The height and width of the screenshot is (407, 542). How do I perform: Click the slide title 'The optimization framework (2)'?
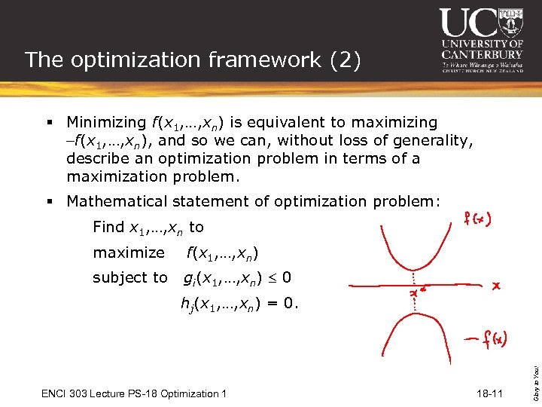pos(193,60)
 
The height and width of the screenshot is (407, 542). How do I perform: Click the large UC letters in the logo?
pos(470,23)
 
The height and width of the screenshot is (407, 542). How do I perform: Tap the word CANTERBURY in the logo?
pos(482,54)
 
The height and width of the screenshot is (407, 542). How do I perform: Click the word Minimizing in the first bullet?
pos(105,122)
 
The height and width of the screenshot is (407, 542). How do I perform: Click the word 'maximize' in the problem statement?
pos(128,252)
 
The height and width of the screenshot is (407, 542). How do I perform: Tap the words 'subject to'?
pos(129,277)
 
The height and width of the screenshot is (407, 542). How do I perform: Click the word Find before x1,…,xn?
pos(108,227)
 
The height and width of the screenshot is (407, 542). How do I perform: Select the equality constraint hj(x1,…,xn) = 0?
pos(239,304)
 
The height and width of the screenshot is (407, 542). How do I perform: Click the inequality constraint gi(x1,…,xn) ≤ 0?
pos(237,278)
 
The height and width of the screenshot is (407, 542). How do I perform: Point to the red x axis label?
pos(496,286)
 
